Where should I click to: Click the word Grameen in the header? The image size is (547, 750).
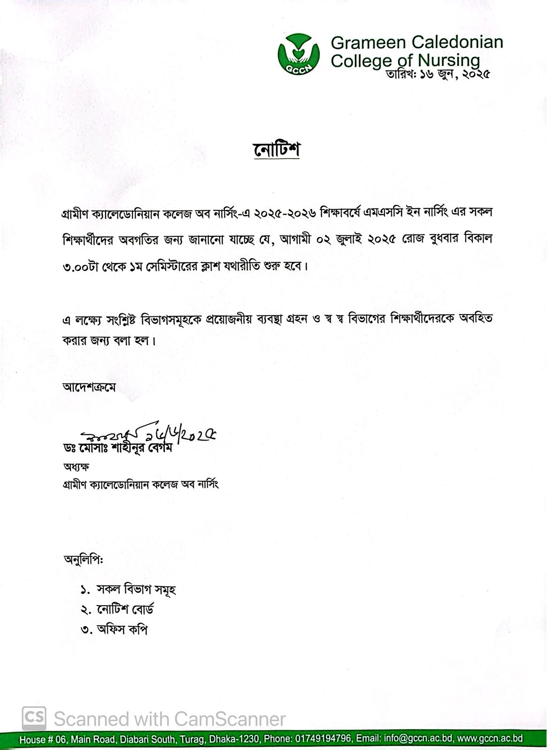(x=359, y=43)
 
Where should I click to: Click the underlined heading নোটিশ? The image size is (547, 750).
(x=276, y=150)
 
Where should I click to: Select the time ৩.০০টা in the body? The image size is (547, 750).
(x=78, y=266)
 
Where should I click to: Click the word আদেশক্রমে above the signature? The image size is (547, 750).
(x=89, y=388)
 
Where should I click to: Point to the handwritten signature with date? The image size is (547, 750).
(x=148, y=435)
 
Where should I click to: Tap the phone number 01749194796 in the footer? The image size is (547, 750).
(x=323, y=739)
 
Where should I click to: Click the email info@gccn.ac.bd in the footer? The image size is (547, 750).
(x=419, y=739)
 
